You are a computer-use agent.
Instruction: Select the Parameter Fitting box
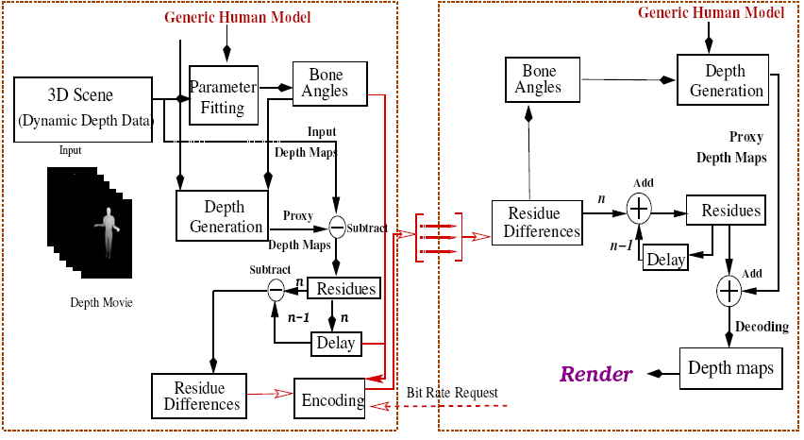223,96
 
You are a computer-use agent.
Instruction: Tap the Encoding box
331,400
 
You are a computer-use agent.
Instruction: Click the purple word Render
596,375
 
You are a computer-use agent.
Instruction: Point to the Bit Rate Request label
452,392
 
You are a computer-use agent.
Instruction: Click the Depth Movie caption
101,302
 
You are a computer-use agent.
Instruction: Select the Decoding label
761,327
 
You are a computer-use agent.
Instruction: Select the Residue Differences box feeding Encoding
198,397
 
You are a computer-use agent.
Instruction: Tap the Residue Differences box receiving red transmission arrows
535,224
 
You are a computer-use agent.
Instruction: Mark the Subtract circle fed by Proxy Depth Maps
337,226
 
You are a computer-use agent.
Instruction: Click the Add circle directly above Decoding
729,291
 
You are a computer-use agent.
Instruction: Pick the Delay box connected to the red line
336,344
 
